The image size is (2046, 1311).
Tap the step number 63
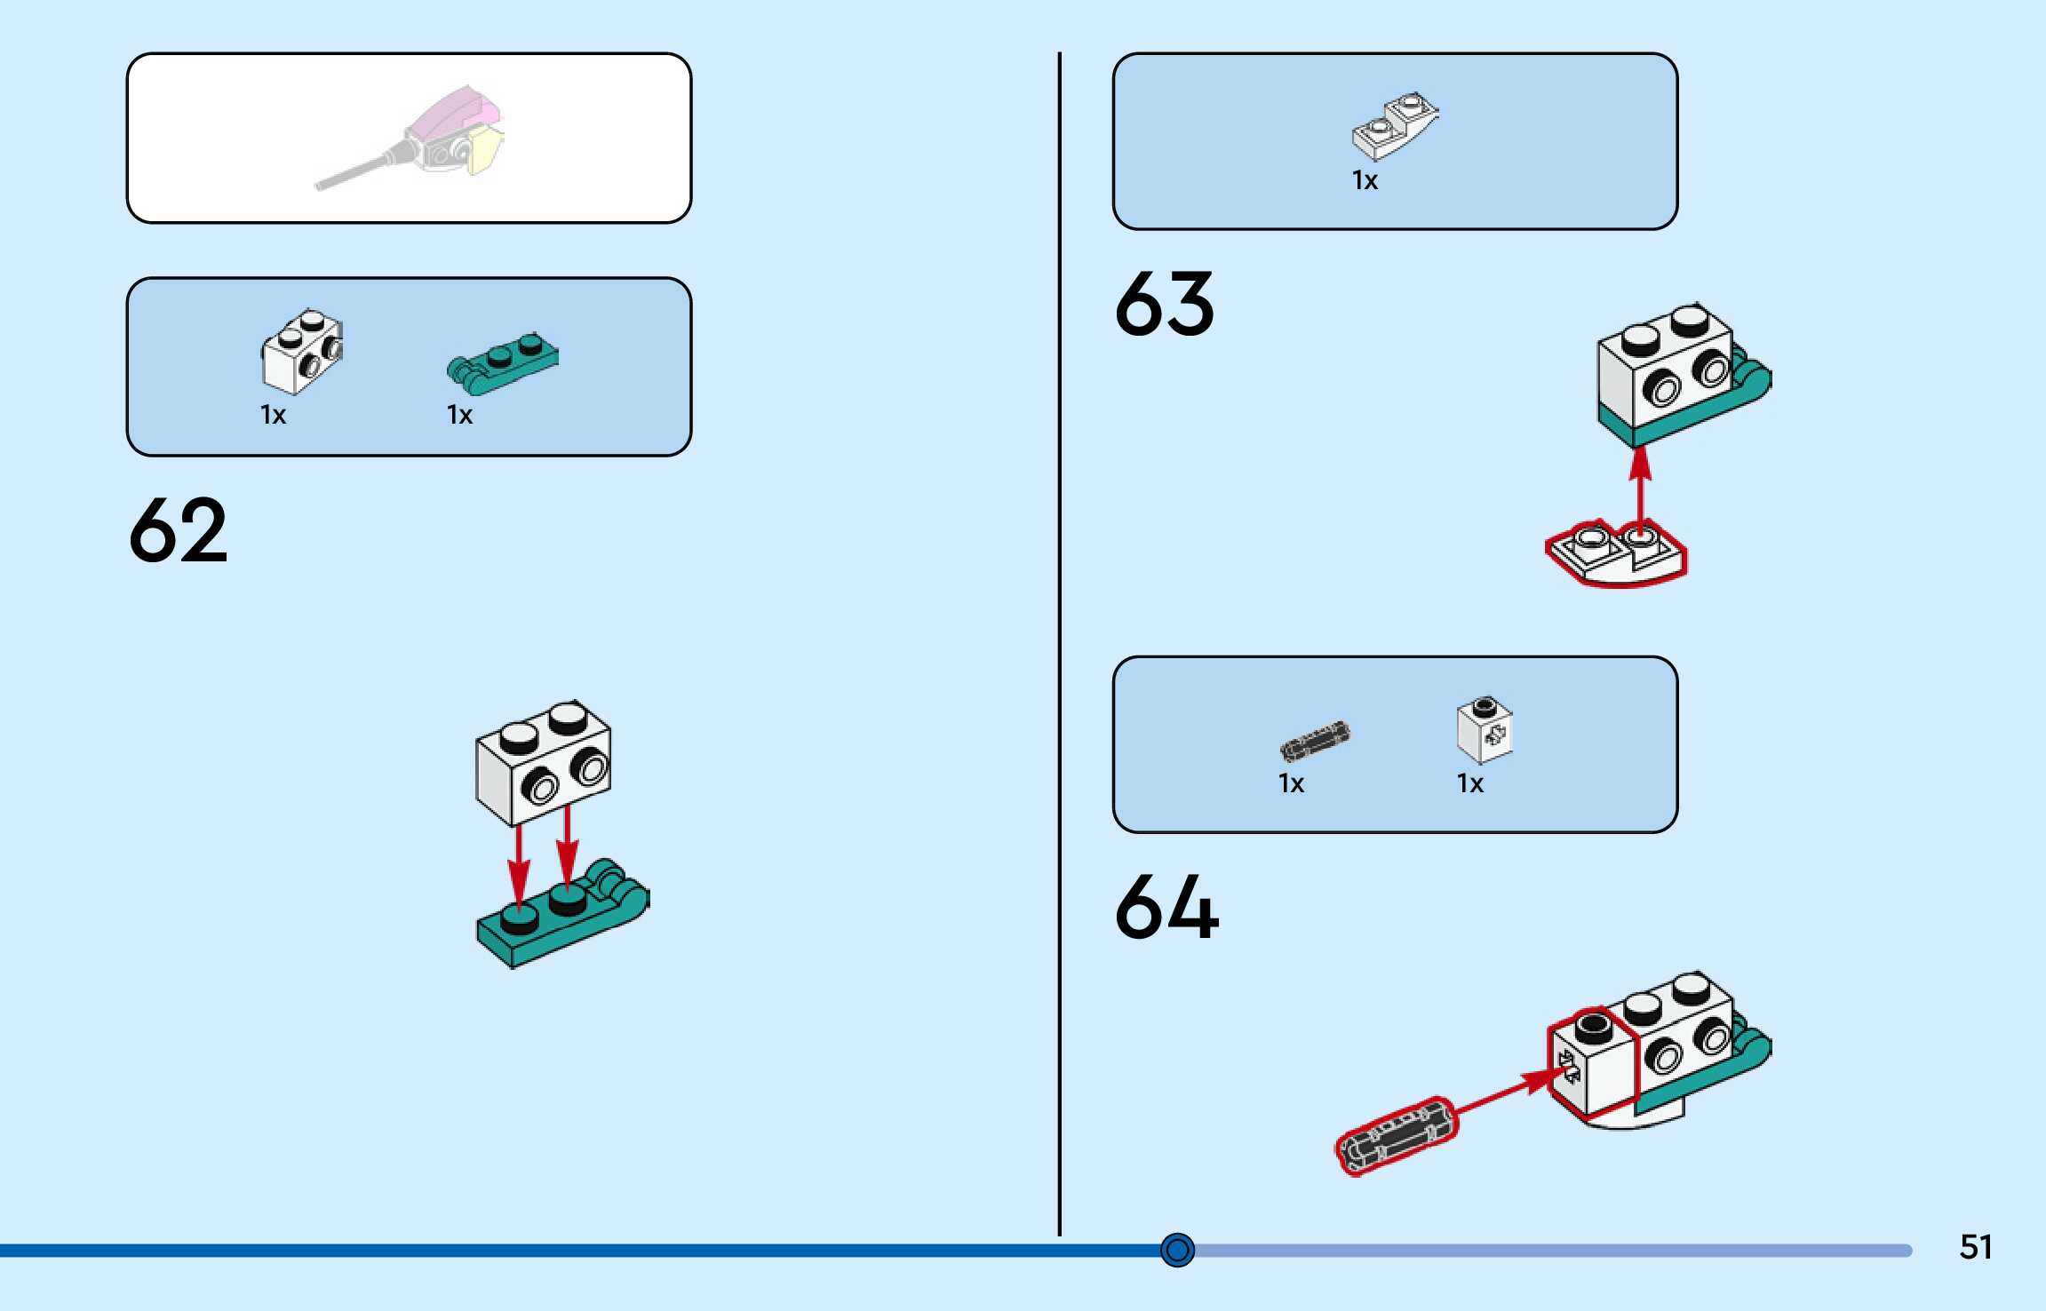point(1164,305)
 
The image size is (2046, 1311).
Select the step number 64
point(1166,907)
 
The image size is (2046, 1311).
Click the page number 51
point(1975,1247)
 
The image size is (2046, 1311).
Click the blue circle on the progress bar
point(1177,1250)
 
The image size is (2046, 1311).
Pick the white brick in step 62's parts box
point(302,352)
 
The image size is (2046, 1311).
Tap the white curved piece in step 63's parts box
point(1393,125)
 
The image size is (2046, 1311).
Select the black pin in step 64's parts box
point(1314,741)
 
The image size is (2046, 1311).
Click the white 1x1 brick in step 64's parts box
point(1484,730)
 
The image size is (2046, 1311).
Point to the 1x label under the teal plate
point(459,415)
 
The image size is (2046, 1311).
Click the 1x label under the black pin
point(1291,783)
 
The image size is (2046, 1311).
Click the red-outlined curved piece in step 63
point(1615,556)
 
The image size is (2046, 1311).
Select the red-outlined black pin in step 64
point(1396,1136)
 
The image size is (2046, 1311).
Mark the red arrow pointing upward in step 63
point(1640,489)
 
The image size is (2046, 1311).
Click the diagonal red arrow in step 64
point(1501,1092)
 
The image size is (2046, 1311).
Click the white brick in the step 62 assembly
point(543,762)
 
